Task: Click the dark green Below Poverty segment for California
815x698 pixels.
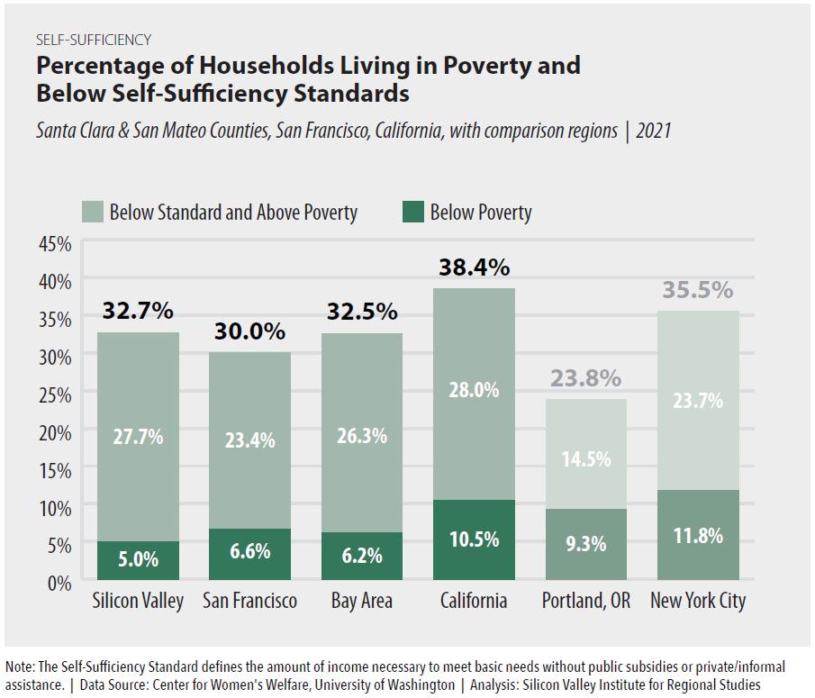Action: (x=474, y=539)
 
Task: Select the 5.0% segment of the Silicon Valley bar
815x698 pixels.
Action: (x=138, y=560)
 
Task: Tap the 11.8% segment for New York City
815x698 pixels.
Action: (x=699, y=536)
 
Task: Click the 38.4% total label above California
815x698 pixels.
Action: (x=474, y=267)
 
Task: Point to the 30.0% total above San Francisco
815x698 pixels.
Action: (x=249, y=331)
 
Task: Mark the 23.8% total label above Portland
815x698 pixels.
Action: (x=586, y=379)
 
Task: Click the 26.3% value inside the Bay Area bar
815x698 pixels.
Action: (x=362, y=436)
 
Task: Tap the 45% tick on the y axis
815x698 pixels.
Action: (x=55, y=243)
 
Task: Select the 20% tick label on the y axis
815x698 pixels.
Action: (x=55, y=432)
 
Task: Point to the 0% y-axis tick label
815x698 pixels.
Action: (x=59, y=583)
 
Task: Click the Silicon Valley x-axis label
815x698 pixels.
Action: (x=138, y=601)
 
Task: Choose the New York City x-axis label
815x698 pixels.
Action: (x=699, y=601)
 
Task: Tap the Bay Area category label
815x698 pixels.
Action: (x=362, y=601)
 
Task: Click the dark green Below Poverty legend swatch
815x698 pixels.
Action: (x=412, y=213)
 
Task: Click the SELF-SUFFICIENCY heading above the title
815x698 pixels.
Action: (x=94, y=40)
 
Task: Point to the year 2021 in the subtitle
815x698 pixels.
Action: (x=653, y=131)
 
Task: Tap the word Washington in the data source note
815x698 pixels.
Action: (x=421, y=685)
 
